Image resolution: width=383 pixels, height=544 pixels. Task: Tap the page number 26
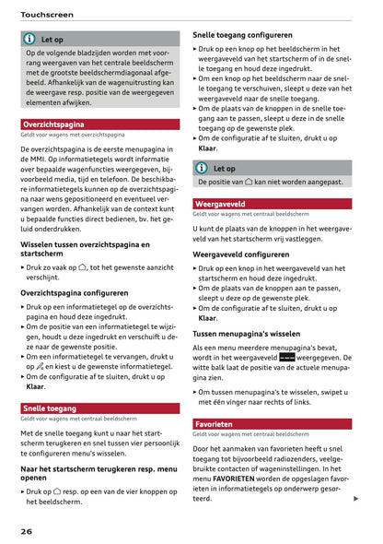pyautogui.click(x=29, y=532)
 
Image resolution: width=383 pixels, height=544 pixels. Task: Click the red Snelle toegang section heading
pyautogui.click(x=50, y=408)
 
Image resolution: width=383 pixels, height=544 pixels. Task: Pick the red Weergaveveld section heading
pyautogui.click(x=220, y=204)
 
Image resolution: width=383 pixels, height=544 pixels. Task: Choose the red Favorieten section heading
pyautogui.click(x=215, y=424)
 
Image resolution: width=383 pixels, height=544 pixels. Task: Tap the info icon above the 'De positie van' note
pyautogui.click(x=202, y=169)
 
